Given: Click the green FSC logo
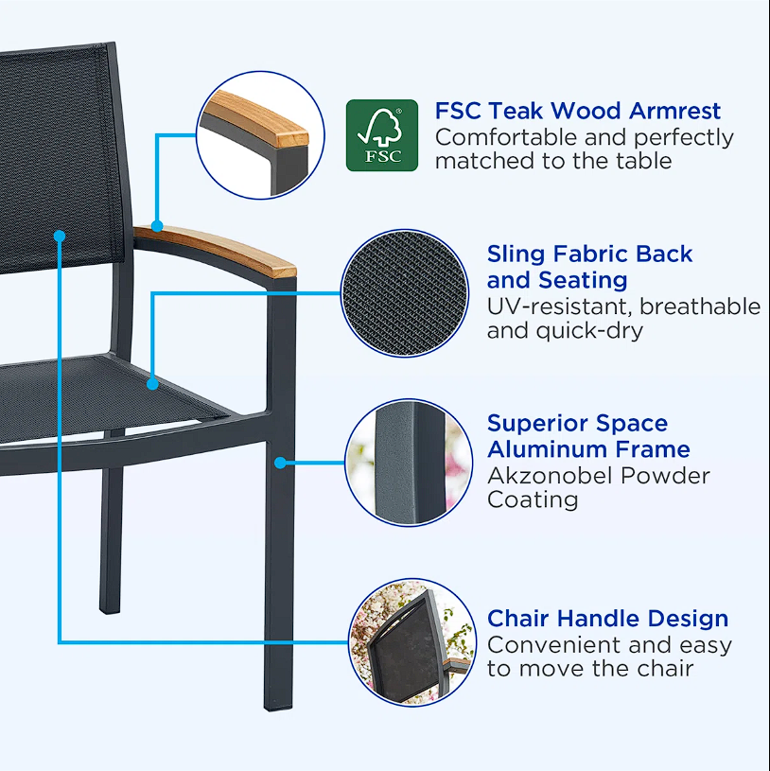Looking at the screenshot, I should pos(381,135).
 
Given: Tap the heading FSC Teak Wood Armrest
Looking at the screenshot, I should pos(577,112).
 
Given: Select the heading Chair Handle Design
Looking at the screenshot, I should pos(607,620).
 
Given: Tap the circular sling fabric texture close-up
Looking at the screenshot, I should pos(406,293).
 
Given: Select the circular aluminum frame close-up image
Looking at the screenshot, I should pos(409,463).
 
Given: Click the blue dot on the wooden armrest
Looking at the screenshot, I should pos(158,226).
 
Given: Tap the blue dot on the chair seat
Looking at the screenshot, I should pos(153,384).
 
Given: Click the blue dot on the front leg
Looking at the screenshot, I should pos(280,462).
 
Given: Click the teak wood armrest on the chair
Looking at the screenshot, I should pos(227,246).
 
